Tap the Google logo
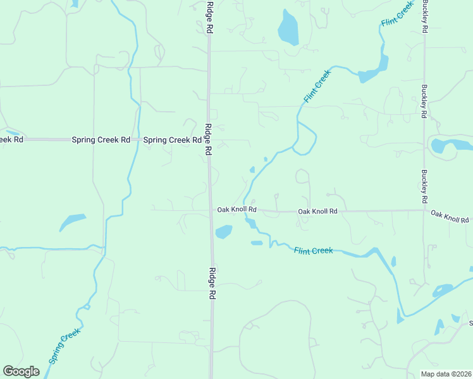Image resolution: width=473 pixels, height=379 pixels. click(21, 371)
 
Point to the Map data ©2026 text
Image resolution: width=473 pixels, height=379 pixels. click(446, 374)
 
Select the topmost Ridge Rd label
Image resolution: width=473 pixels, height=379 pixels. click(210, 17)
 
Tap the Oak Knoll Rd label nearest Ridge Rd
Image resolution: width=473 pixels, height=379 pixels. click(236, 209)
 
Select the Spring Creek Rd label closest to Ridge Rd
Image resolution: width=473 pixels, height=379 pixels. click(171, 140)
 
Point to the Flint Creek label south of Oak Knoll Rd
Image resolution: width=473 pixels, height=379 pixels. click(313, 251)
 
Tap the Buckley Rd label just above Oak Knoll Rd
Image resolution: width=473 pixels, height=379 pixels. click(425, 183)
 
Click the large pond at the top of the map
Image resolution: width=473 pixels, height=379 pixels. click(288, 28)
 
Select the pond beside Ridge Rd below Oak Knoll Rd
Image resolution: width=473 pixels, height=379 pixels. click(224, 232)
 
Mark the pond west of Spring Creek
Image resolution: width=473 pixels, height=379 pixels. click(71, 222)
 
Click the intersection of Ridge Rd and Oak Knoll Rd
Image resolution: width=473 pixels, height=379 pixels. click(211, 210)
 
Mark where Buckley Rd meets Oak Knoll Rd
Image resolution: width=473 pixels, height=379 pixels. click(425, 210)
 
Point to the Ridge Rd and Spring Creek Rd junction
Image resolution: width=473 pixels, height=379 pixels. click(208, 140)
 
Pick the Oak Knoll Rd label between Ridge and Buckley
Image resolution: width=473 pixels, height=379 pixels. click(317, 211)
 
